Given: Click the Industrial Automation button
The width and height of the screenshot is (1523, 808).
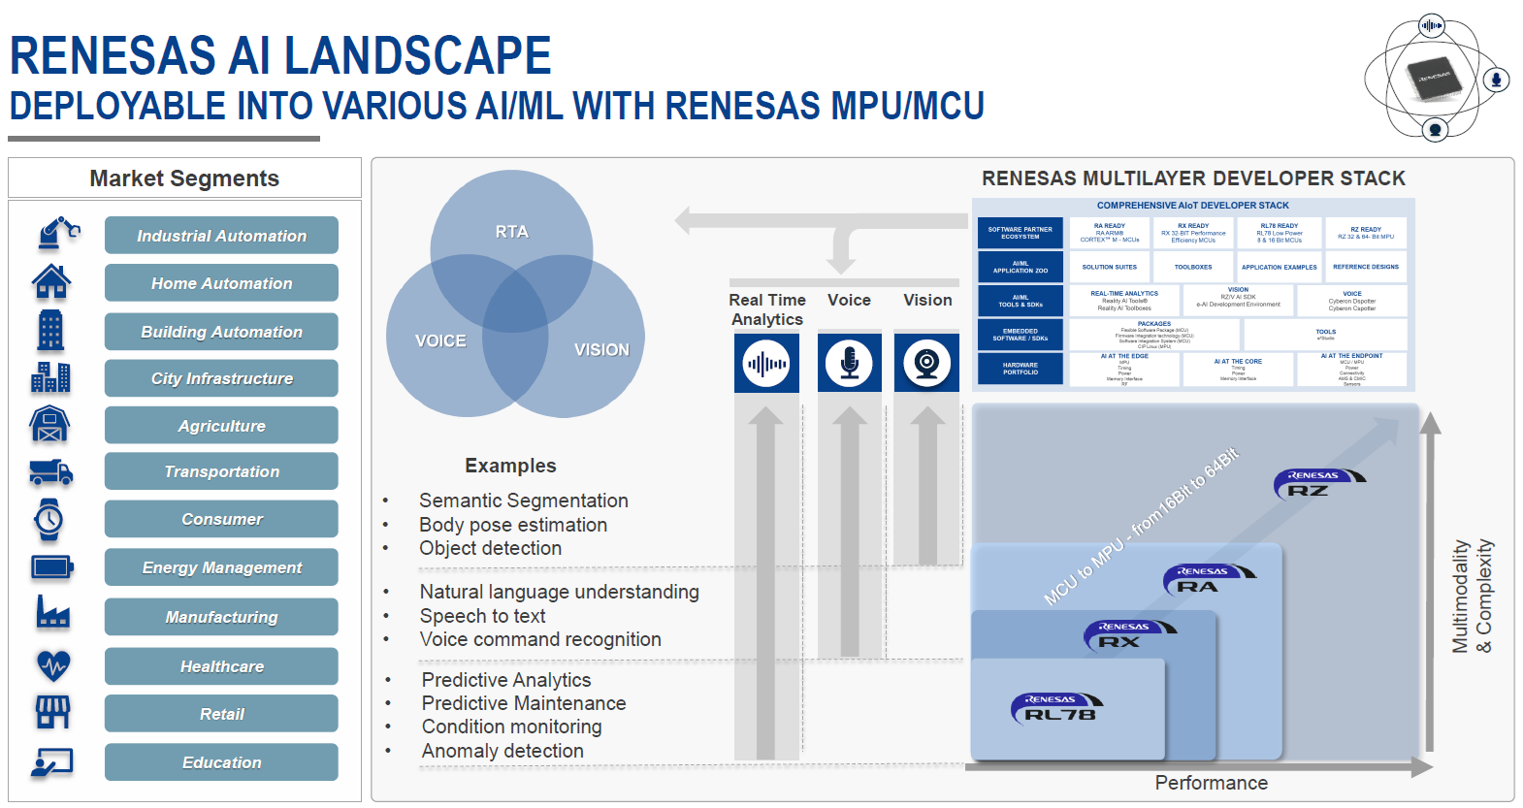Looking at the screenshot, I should click(221, 236).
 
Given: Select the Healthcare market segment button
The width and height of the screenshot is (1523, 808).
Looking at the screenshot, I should click(221, 666).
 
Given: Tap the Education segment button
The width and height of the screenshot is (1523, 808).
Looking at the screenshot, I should click(221, 762).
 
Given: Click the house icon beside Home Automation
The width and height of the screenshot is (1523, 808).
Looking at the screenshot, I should click(50, 282).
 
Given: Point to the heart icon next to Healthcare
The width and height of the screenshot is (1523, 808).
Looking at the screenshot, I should click(52, 665).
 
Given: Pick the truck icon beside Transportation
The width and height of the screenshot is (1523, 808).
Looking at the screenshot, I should click(51, 471).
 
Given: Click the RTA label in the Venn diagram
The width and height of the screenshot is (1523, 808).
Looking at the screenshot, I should click(511, 232).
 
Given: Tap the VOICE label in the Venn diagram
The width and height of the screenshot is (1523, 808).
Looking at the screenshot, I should click(440, 341).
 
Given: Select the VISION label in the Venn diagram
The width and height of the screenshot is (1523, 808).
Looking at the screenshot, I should click(601, 350).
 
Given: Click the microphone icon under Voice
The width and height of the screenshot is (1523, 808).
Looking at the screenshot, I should click(849, 364).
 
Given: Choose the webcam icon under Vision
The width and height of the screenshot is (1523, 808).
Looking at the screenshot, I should click(926, 364).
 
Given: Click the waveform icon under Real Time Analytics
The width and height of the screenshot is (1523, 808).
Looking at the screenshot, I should click(765, 364).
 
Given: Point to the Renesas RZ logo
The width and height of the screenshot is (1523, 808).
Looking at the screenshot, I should click(1318, 482).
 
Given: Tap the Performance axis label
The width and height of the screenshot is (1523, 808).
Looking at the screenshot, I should click(1211, 783).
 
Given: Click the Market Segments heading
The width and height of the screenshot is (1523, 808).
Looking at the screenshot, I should click(184, 178).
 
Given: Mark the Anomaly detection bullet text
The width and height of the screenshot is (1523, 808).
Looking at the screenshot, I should click(502, 751).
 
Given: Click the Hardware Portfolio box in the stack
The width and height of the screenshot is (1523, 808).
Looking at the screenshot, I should click(1021, 369).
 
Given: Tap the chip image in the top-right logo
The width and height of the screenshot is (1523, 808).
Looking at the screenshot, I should click(1434, 78).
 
